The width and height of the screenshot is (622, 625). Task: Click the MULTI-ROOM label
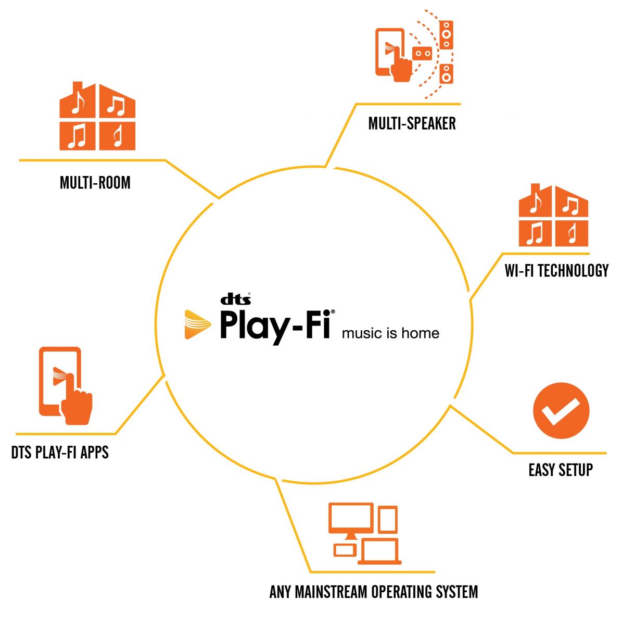(95, 183)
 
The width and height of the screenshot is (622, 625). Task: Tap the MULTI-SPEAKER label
(412, 123)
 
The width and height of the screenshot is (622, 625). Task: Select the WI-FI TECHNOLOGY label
(556, 271)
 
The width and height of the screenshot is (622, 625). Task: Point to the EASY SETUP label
(561, 470)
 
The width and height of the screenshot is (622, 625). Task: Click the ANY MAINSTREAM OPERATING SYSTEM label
(373, 592)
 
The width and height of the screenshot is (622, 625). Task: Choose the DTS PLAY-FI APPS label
(60, 452)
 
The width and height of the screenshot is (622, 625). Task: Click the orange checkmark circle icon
(561, 411)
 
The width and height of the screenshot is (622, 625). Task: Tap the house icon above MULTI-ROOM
(97, 117)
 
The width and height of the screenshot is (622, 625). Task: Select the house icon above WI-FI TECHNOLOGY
(554, 216)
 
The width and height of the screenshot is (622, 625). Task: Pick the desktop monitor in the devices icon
(351, 521)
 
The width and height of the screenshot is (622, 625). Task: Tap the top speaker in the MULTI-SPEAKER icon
(446, 35)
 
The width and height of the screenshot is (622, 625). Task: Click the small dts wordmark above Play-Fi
(236, 299)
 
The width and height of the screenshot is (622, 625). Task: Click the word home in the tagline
(420, 333)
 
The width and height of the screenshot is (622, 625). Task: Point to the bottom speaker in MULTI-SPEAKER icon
(446, 74)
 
